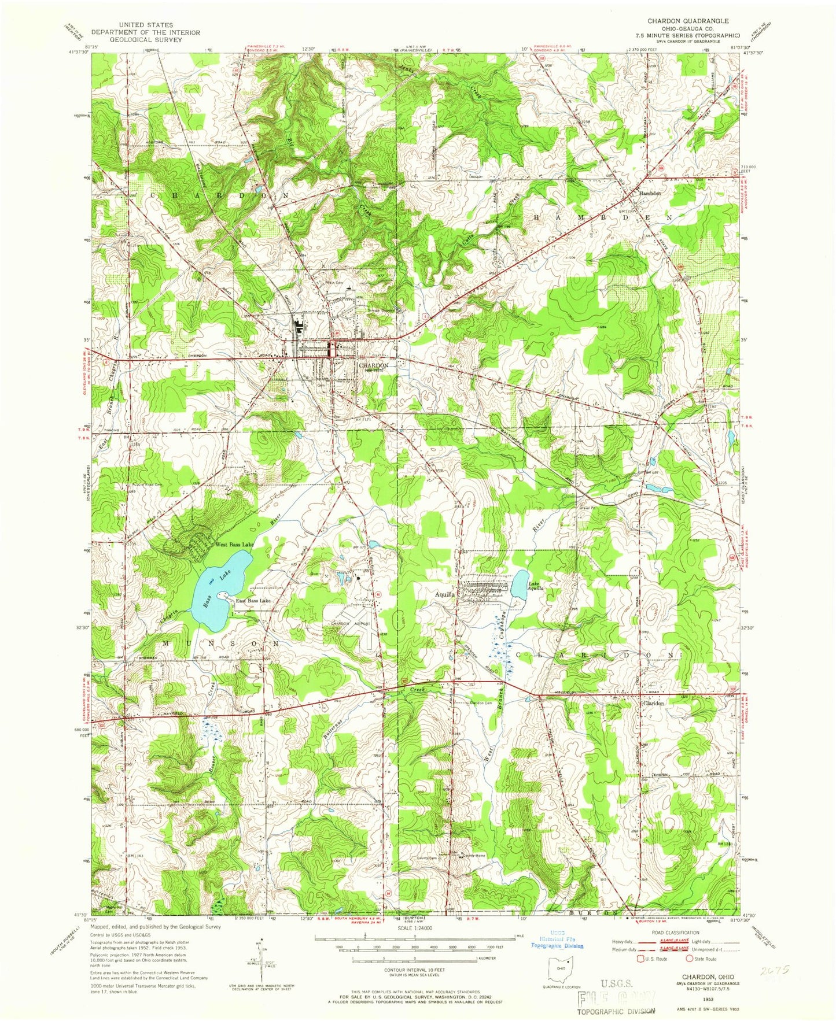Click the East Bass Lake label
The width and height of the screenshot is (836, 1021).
253,601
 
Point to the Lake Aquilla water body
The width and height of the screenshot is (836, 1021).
520,580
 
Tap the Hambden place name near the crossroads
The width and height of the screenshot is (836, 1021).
648,194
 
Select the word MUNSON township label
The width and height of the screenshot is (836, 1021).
220,643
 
